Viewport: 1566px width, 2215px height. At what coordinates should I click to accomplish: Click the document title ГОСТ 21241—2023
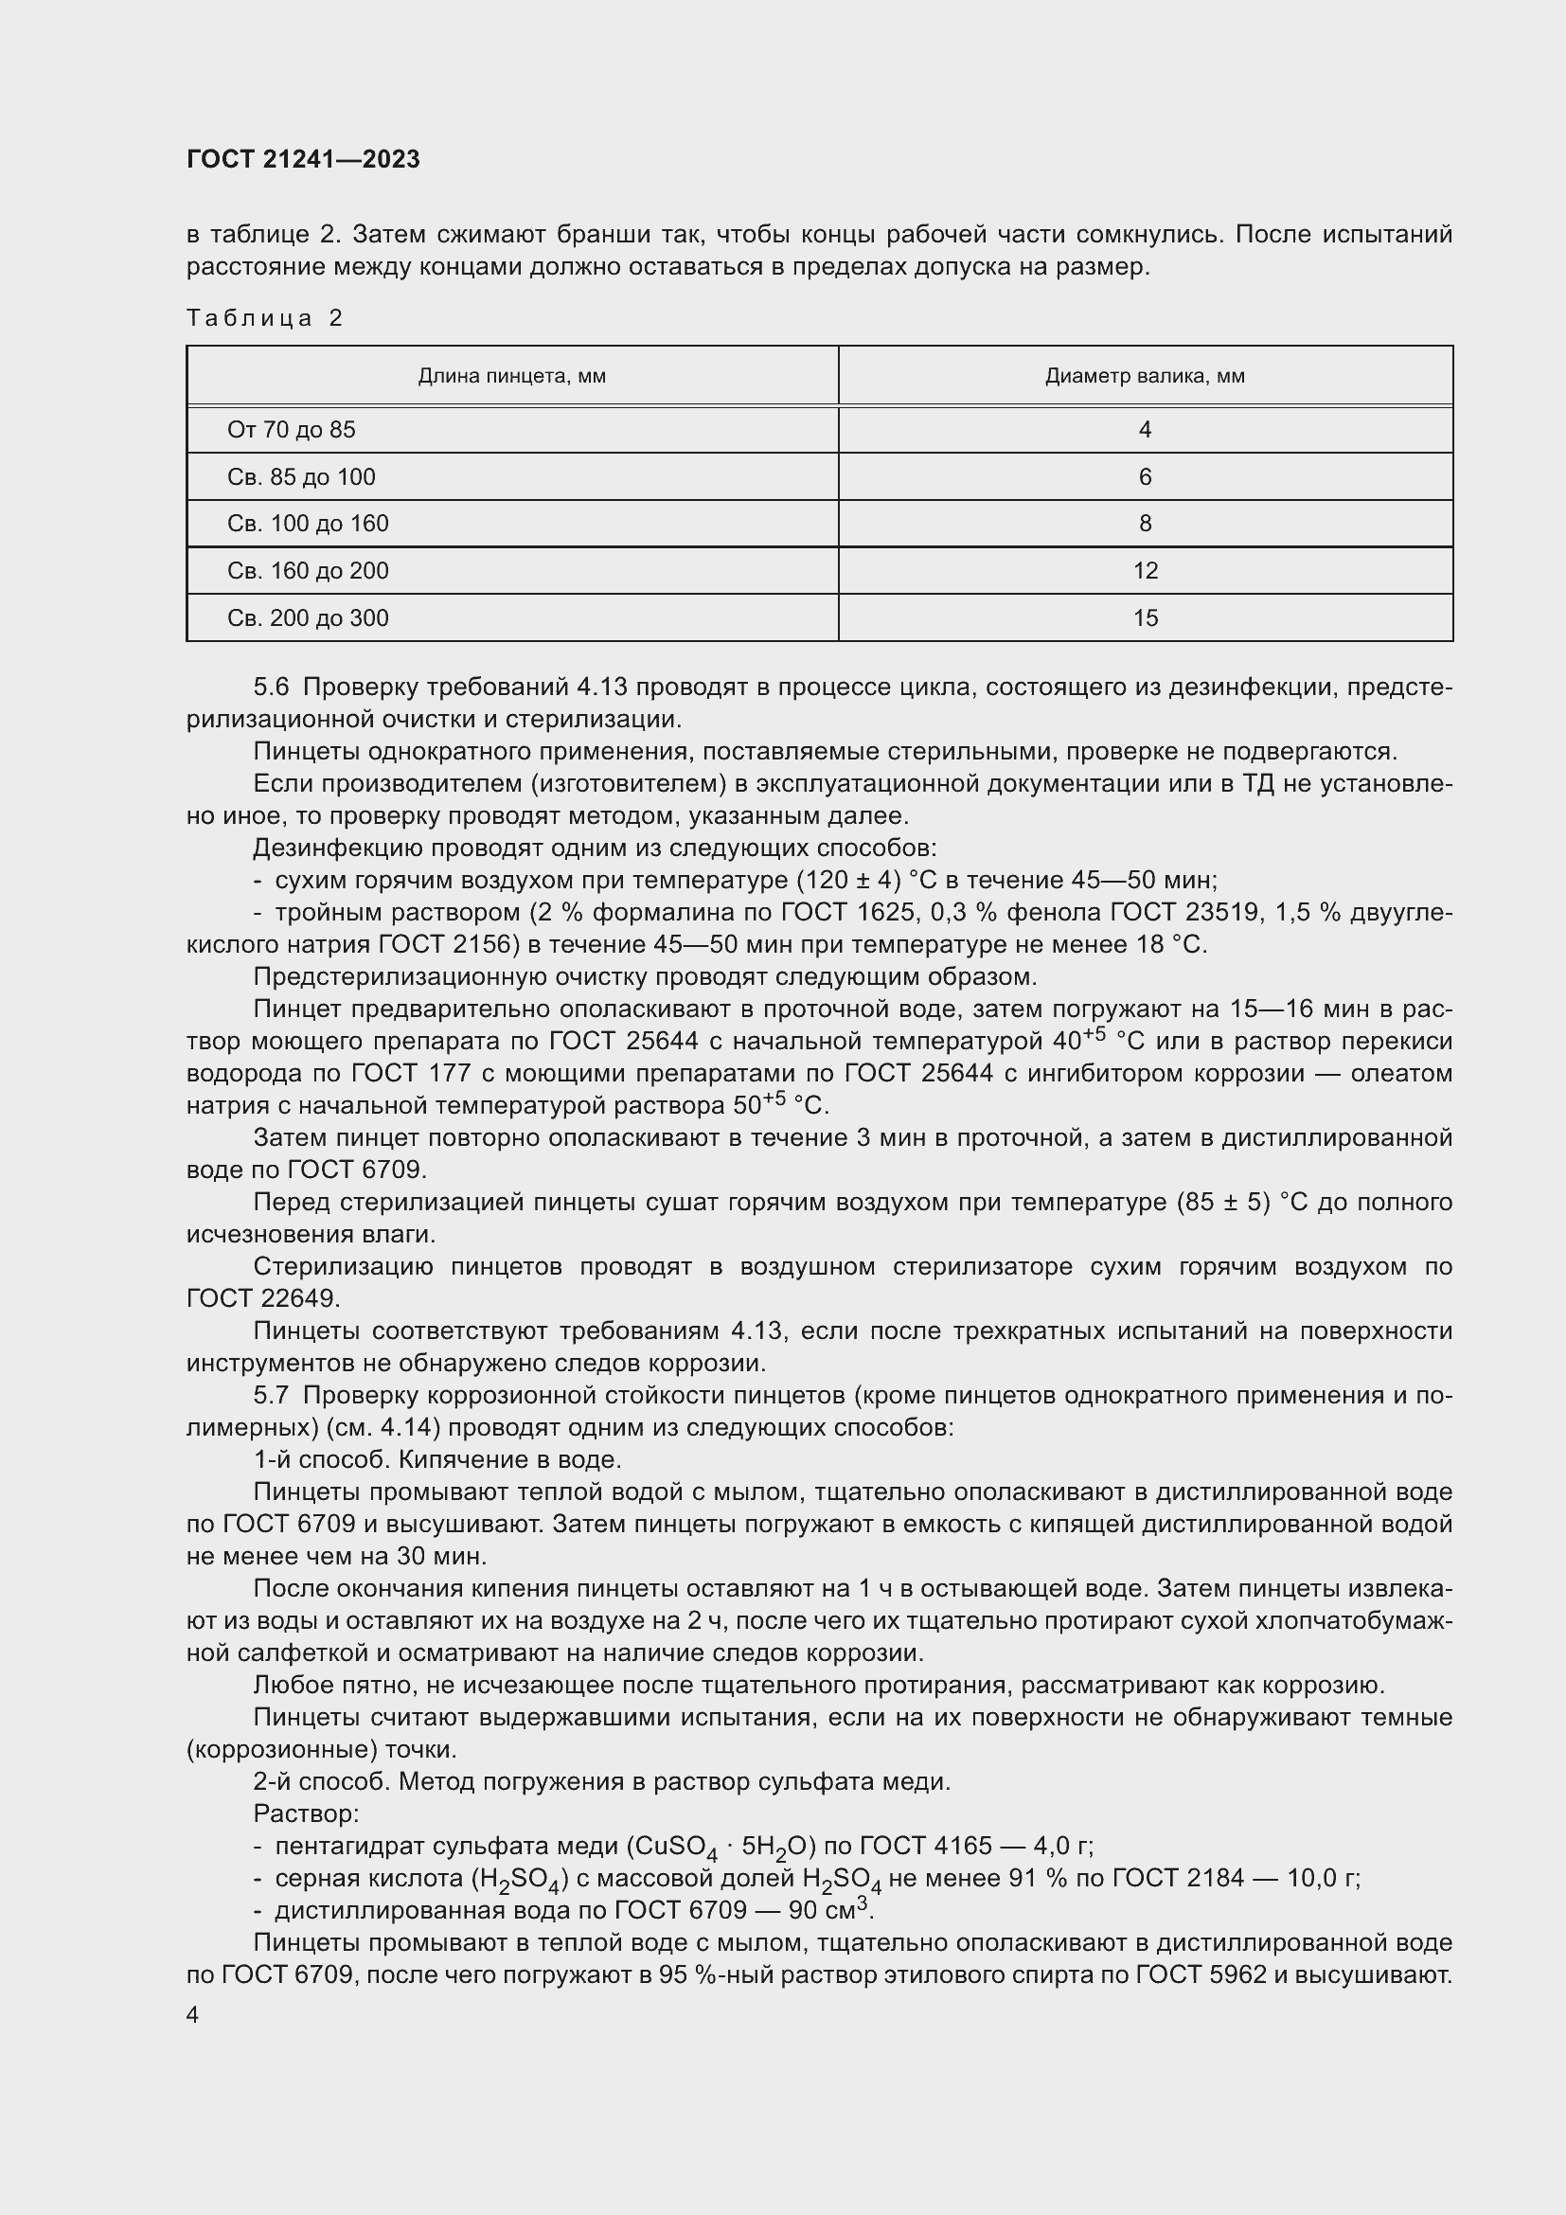click(303, 159)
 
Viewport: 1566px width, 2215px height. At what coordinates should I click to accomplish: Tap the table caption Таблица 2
click(264, 318)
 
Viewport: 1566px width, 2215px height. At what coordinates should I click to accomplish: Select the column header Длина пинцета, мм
click(511, 376)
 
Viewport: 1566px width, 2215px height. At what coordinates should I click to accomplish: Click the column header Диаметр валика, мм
click(1145, 376)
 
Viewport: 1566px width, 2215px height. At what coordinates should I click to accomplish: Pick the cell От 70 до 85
click(292, 430)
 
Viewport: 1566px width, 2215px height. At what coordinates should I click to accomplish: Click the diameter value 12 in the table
click(1145, 571)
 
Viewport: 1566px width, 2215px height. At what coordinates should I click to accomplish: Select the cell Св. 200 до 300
click(308, 618)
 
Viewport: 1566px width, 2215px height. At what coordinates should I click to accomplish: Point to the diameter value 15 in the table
click(1145, 618)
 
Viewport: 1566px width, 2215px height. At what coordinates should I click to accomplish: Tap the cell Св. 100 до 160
click(308, 524)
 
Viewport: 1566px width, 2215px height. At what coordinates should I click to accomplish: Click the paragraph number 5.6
click(271, 687)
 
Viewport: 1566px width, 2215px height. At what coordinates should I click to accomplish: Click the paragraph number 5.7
click(271, 1395)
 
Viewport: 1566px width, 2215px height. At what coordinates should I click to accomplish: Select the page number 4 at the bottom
click(192, 2014)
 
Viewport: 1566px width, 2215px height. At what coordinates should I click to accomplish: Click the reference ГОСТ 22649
click(262, 1298)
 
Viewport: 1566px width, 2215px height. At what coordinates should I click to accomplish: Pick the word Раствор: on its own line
click(306, 1813)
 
